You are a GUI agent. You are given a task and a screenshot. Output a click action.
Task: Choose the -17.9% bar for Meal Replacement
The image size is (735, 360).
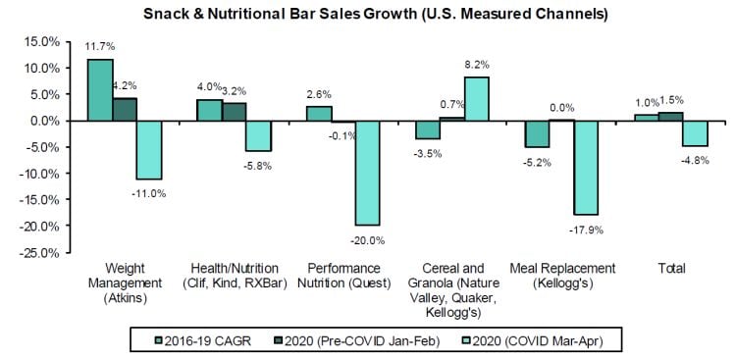pyautogui.click(x=586, y=168)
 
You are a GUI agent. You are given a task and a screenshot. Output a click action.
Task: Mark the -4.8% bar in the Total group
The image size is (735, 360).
pyautogui.click(x=695, y=133)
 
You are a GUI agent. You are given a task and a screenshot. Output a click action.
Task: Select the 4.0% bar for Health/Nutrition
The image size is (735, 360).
pyautogui.click(x=209, y=110)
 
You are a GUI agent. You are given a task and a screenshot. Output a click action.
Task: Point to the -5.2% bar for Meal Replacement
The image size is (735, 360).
pyautogui.click(x=537, y=134)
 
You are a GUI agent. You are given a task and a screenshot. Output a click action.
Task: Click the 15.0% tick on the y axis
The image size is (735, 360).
pyautogui.click(x=45, y=41)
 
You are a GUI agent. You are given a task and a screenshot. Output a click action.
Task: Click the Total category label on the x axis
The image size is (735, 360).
pyautogui.click(x=671, y=268)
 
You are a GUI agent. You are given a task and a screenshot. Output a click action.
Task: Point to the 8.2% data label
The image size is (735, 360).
pyautogui.click(x=478, y=64)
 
